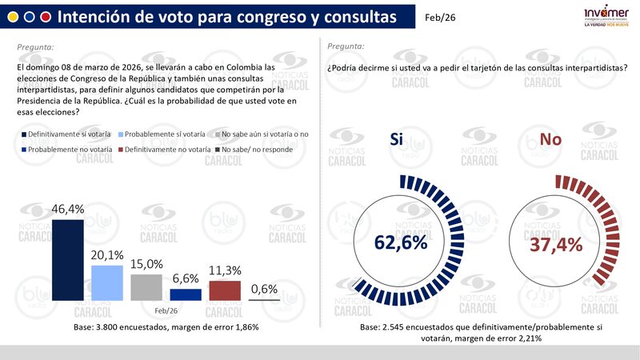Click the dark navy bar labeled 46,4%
pos(68,260)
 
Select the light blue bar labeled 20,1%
pos(107,282)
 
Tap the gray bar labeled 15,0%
pos(146,287)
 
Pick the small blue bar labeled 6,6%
pos(186,294)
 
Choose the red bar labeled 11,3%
pos(225,290)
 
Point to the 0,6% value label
pos(264,289)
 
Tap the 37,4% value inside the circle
pos(555,242)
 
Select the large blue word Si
pos(397,138)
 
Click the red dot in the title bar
pos(46,17)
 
